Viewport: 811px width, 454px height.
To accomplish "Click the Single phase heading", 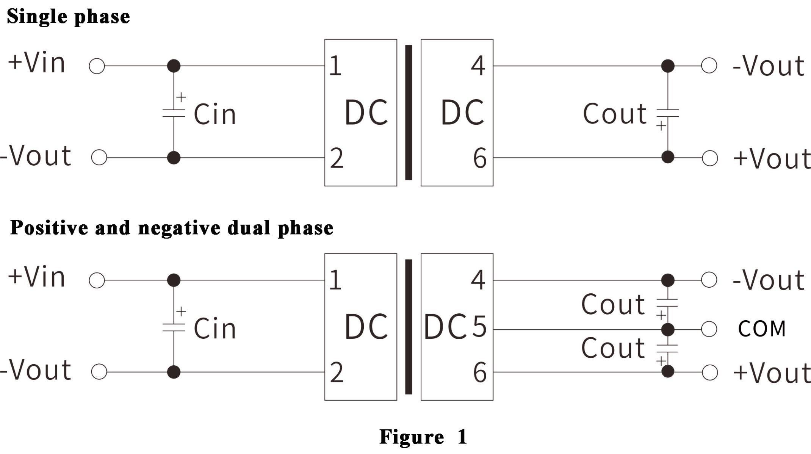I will [68, 17].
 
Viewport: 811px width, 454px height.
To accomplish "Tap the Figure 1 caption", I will [423, 437].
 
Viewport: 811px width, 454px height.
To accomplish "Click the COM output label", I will [762, 329].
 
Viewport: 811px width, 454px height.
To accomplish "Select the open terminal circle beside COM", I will [709, 329].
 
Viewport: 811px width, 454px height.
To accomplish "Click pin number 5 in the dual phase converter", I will [479, 326].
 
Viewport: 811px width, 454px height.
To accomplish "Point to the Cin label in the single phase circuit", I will [215, 114].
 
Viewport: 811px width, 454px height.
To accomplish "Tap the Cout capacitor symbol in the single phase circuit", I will [667, 113].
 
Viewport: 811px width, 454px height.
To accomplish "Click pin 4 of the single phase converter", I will [478, 66].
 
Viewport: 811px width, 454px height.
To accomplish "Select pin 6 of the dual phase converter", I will [480, 373].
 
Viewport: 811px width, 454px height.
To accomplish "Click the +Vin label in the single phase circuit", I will [36, 63].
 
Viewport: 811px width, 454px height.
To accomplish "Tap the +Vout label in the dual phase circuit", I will [772, 373].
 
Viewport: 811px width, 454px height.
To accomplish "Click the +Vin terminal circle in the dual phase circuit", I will [97, 280].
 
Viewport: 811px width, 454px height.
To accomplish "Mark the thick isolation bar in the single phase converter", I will [409, 113].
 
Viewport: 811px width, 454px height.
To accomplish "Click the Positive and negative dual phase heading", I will [172, 228].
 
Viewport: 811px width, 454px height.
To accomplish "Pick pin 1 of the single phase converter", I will [335, 66].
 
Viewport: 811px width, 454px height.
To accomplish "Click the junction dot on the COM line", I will [667, 329].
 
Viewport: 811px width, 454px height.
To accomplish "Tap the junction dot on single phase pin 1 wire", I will [174, 66].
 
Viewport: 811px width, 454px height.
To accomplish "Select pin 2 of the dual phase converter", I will [337, 373].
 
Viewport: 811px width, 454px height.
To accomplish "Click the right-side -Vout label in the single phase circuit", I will [768, 66].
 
